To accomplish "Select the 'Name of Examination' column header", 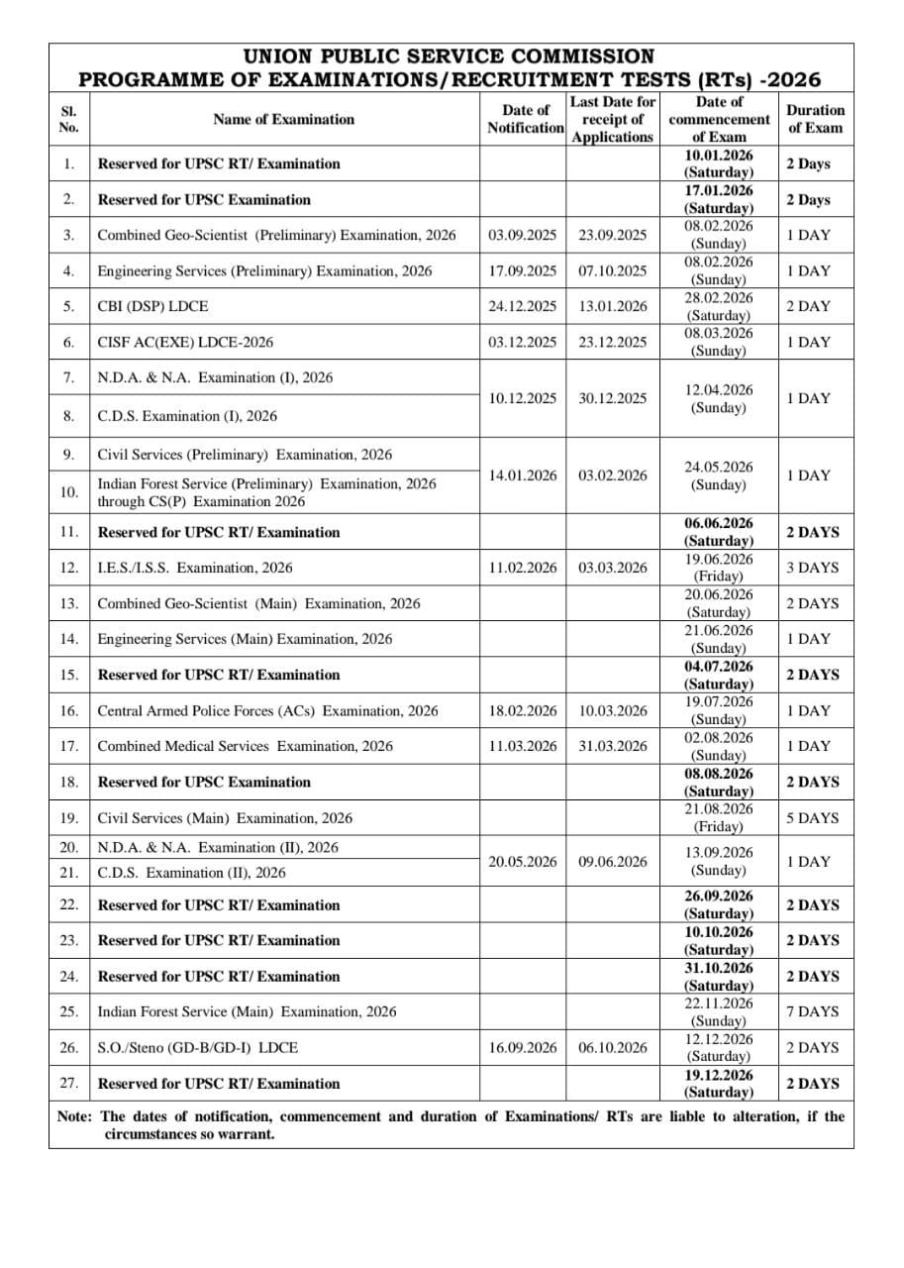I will [x=283, y=119].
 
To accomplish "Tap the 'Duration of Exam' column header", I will [x=815, y=119].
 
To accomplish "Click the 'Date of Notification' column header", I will [x=525, y=119].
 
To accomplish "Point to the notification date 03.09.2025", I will [x=523, y=235].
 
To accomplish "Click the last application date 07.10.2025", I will [x=613, y=270].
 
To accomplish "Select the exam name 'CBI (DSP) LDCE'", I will [x=152, y=306].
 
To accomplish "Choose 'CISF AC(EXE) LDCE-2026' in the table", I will [x=185, y=342].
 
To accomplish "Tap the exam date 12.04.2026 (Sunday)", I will [x=719, y=398].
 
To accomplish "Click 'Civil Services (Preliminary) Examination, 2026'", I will [x=245, y=455].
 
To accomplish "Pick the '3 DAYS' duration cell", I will [x=812, y=568].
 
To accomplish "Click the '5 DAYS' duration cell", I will [x=812, y=818].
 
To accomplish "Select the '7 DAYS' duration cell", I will [x=812, y=1011].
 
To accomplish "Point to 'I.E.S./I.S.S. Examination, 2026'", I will [x=195, y=568].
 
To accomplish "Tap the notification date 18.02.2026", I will [x=523, y=710].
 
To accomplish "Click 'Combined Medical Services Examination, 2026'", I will [x=245, y=746].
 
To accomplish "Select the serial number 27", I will [x=69, y=1083].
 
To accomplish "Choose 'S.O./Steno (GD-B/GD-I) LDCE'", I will [x=197, y=1047].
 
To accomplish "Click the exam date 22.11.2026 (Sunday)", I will [x=719, y=1011].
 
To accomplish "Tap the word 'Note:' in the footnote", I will [x=75, y=1116].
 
